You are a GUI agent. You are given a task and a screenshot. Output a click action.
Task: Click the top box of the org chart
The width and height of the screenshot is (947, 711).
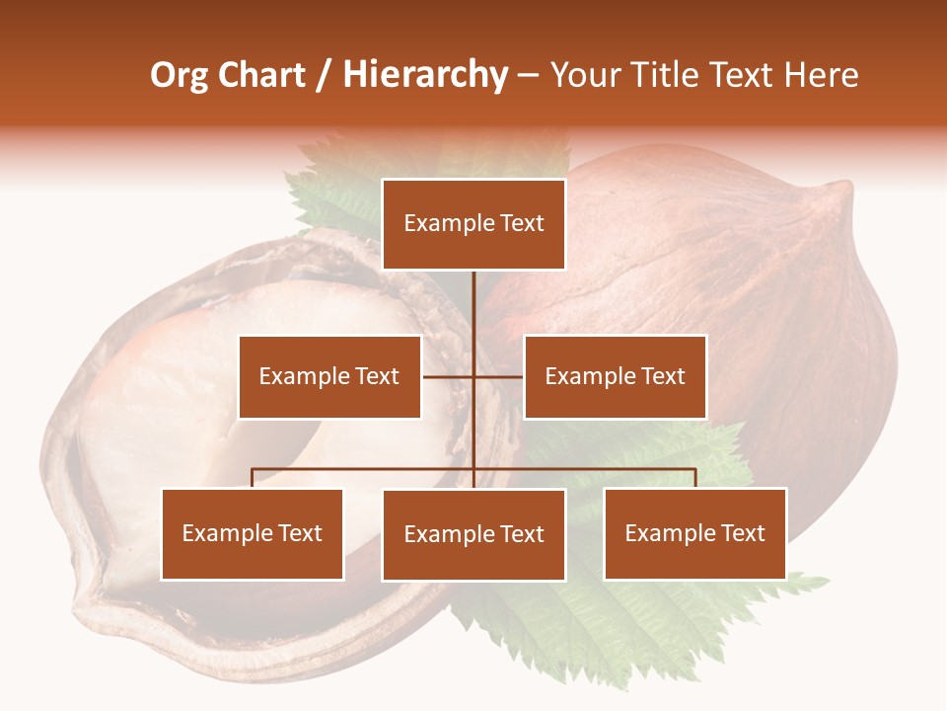[x=473, y=224]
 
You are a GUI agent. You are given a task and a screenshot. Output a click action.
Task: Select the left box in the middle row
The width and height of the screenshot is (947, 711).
[x=329, y=377]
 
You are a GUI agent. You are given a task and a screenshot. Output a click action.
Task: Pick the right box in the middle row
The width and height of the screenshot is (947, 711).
[x=615, y=377]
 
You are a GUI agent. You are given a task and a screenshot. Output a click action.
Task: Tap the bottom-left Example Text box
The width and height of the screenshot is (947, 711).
[x=253, y=534]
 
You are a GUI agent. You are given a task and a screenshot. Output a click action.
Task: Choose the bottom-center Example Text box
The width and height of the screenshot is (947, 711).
[x=473, y=535]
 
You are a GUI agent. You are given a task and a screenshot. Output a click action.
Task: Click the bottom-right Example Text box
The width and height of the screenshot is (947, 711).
[x=694, y=534]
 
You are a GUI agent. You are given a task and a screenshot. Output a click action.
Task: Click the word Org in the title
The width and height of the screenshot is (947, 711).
[x=179, y=75]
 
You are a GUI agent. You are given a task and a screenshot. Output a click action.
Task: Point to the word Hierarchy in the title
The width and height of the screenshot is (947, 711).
[x=424, y=75]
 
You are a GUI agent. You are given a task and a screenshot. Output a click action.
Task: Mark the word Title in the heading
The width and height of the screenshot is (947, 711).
[x=666, y=75]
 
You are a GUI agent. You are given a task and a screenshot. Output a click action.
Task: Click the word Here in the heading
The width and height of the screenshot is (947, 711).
[x=821, y=75]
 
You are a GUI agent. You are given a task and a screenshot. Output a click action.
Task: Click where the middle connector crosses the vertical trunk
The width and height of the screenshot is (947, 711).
[x=473, y=377]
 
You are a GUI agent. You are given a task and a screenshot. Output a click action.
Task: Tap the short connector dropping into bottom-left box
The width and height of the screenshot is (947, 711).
[x=253, y=478]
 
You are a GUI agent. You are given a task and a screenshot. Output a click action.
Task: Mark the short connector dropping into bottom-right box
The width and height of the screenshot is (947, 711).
[x=694, y=478]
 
